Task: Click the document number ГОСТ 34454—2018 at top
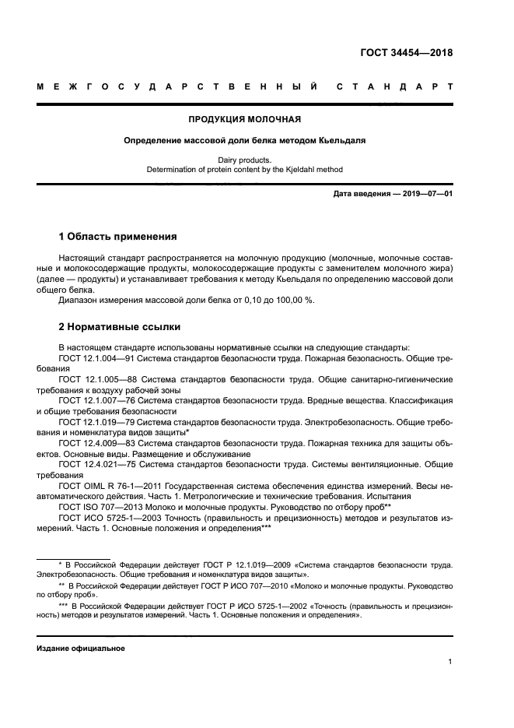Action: pos(407,53)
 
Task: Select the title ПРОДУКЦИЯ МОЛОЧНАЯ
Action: pos(245,120)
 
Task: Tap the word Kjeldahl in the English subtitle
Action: pos(292,169)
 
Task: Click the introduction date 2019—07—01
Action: pos(425,192)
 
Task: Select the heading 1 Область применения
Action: pos(117,236)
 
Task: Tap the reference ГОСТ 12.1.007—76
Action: pos(98,399)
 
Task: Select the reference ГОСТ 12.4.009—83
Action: pos(98,441)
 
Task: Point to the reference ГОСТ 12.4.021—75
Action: pos(98,462)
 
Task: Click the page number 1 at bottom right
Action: pos(450,662)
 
